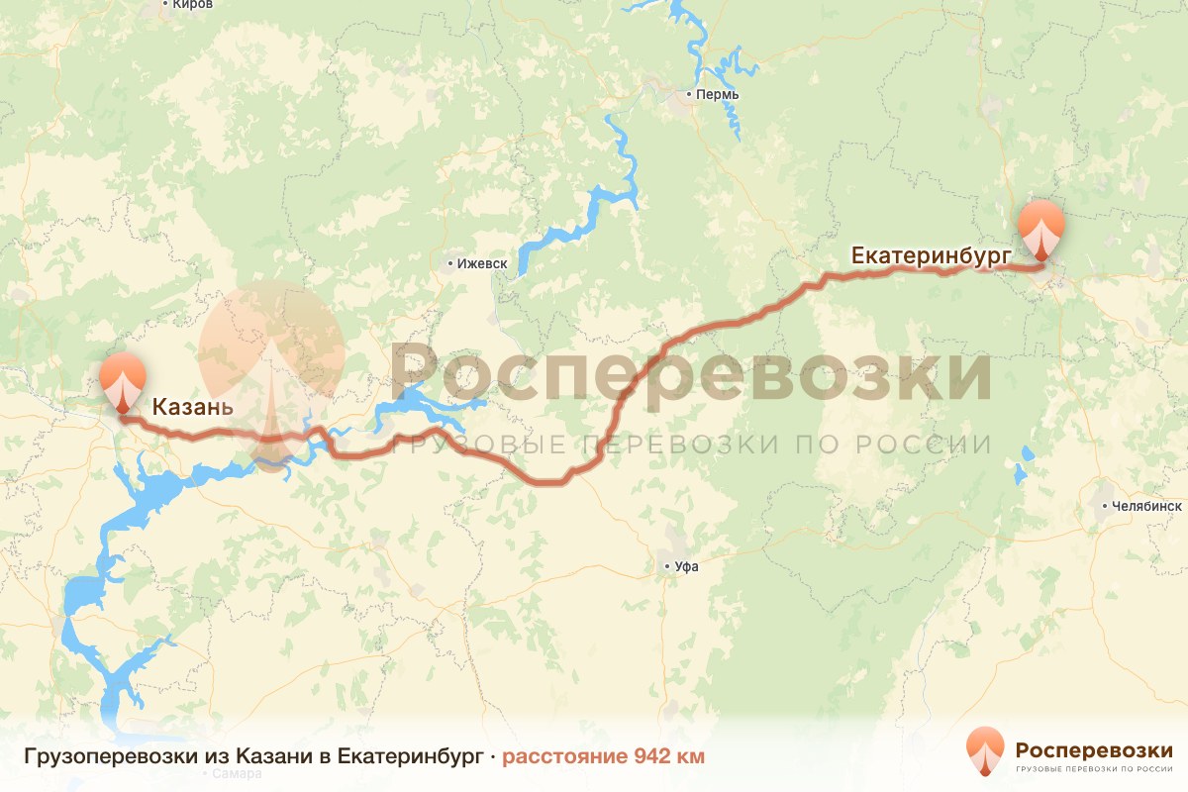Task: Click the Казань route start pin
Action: pyautogui.click(x=122, y=381)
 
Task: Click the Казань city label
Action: pyautogui.click(x=192, y=407)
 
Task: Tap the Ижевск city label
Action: pyautogui.click(x=482, y=263)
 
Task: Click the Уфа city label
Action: pyautogui.click(x=686, y=567)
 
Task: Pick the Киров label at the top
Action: pyautogui.click(x=192, y=5)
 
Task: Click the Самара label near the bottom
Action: pyautogui.click(x=230, y=774)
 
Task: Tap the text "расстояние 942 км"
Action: pyautogui.click(x=603, y=757)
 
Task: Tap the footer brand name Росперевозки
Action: pyautogui.click(x=1094, y=749)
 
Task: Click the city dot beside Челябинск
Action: pyautogui.click(x=1104, y=506)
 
